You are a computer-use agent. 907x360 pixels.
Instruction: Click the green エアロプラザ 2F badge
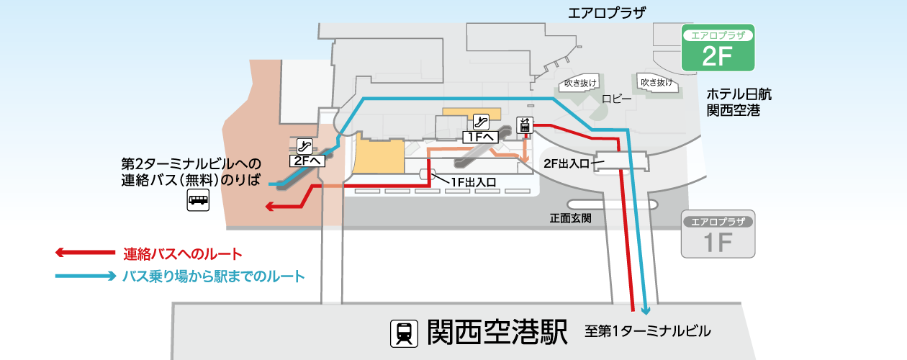coord(718,48)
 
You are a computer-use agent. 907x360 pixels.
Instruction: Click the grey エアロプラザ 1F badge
coord(718,234)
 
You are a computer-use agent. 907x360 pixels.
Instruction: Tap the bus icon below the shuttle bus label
coord(198,199)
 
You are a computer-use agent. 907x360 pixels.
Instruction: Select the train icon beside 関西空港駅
coord(404,333)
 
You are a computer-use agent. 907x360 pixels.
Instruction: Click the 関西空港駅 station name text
coord(497,332)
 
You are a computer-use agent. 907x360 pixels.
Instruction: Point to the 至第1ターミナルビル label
coord(647,331)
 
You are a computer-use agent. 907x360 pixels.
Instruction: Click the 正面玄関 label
coord(571,218)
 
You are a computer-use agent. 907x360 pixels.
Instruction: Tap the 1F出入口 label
coord(474,183)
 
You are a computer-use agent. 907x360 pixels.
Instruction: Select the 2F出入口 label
coord(566,163)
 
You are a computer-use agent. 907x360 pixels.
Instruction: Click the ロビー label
coord(616,99)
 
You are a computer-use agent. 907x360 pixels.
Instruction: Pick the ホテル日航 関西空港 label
coord(739,102)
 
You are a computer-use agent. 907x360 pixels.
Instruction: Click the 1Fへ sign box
coord(480,137)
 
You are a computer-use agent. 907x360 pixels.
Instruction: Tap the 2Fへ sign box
coord(307,161)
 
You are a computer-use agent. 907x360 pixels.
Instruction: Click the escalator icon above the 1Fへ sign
coord(481,122)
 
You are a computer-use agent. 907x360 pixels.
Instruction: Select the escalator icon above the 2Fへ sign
coord(304,146)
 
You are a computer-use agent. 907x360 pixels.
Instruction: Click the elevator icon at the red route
coord(525,125)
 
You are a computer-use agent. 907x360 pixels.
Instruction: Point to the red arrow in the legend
coord(86,253)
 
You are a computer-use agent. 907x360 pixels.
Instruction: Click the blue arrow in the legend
coord(86,276)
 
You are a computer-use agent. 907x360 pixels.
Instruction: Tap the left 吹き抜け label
coord(580,84)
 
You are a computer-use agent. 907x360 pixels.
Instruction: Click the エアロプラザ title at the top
coord(607,14)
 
